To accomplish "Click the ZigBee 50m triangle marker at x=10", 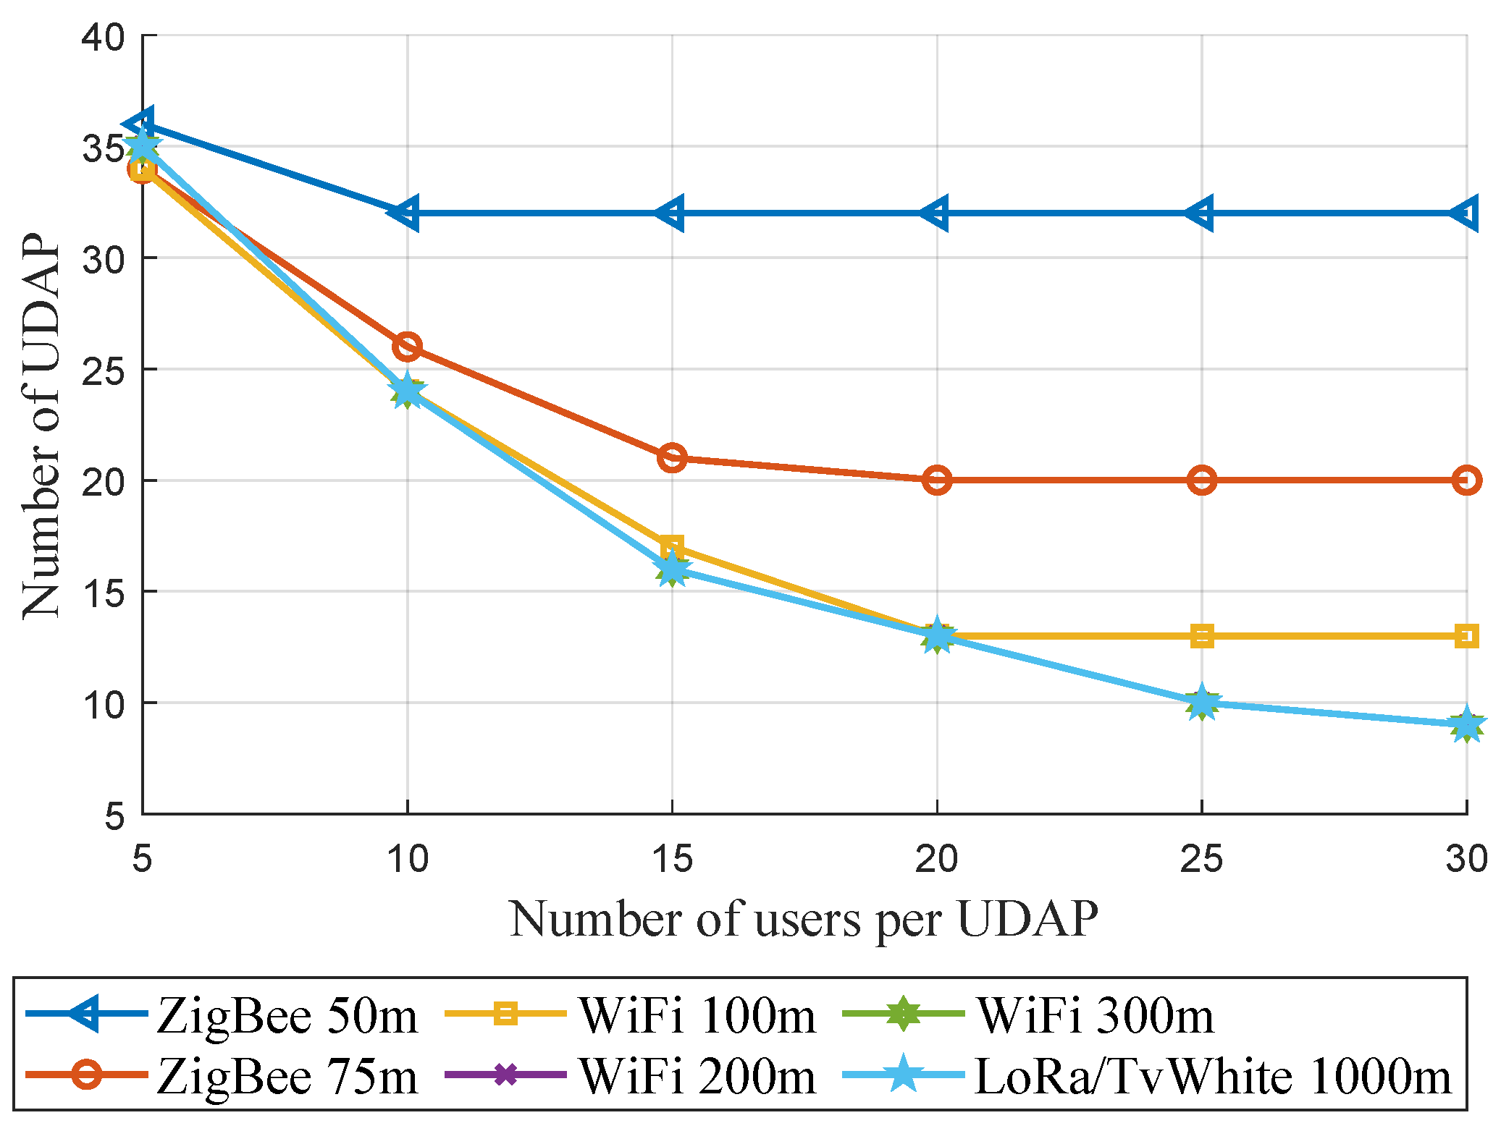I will click(x=405, y=213).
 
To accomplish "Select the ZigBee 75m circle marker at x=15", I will click(x=672, y=458).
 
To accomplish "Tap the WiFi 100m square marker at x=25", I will click(x=1202, y=636).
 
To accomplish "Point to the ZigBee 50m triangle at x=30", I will click(x=1466, y=213).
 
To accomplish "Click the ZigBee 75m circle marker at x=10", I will click(x=407, y=347).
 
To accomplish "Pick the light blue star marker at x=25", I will click(x=1202, y=701).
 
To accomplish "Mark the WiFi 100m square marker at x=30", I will click(x=1466, y=636).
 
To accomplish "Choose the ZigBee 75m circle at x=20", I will click(x=937, y=480).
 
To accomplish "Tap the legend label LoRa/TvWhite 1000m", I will click(x=1214, y=1077).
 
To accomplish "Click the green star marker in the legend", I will click(x=903, y=1014).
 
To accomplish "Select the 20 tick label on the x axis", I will click(x=936, y=859).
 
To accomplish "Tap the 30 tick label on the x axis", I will click(x=1466, y=859).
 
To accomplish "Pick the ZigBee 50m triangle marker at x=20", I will click(x=936, y=213).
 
